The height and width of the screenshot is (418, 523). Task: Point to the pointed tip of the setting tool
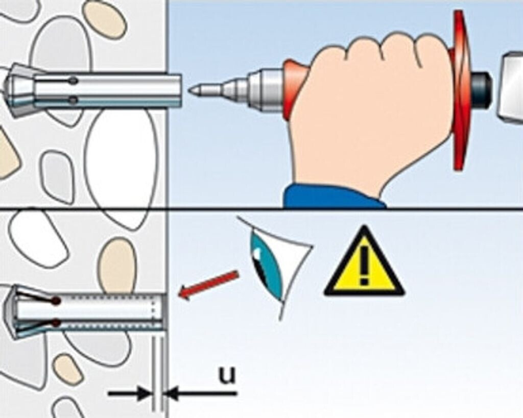click(192, 91)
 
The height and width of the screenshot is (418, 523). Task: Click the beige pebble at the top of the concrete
click(104, 19)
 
